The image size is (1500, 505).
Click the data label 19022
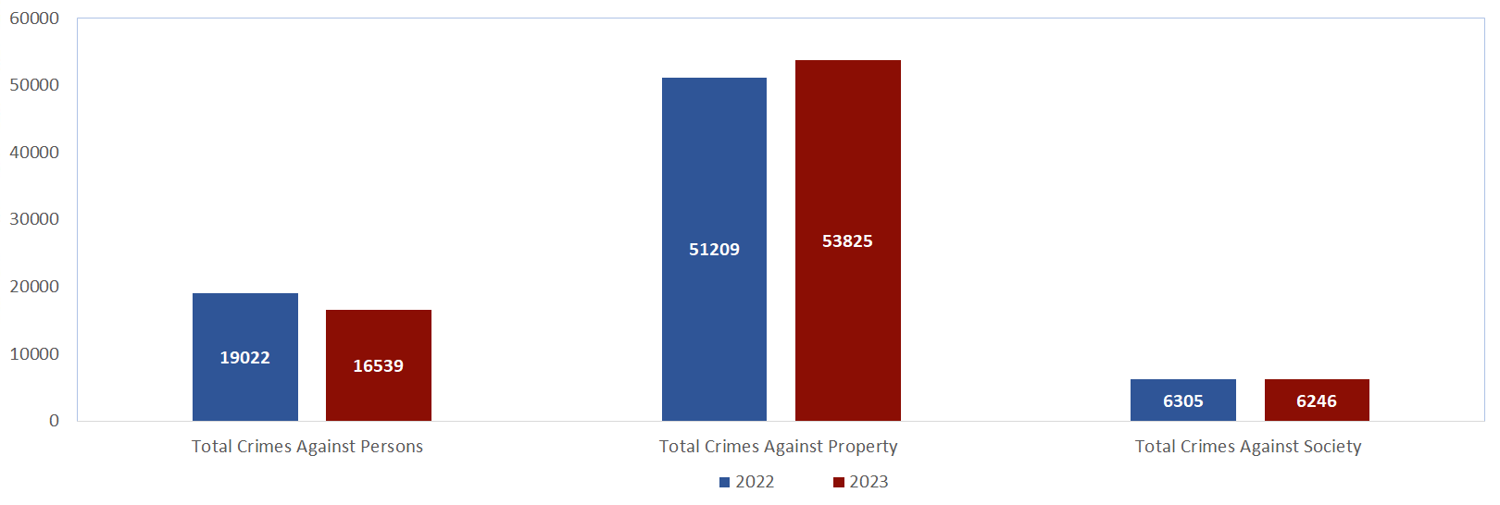pyautogui.click(x=244, y=358)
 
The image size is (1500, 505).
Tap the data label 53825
pyautogui.click(x=847, y=241)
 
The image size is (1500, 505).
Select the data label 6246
pyautogui.click(x=1316, y=401)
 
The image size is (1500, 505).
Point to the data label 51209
pyautogui.click(x=714, y=250)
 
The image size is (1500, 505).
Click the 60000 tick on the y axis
pyautogui.click(x=34, y=18)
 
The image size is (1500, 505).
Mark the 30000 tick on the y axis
pyautogui.click(x=34, y=219)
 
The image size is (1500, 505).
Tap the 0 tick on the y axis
pyautogui.click(x=54, y=421)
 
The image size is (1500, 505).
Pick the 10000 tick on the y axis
pyautogui.click(x=34, y=354)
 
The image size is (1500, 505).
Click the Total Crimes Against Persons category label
pyautogui.click(x=307, y=447)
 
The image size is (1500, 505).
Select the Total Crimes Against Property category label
pyautogui.click(x=778, y=447)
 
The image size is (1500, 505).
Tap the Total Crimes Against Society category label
pyautogui.click(x=1248, y=447)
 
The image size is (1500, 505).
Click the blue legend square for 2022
pyautogui.click(x=725, y=482)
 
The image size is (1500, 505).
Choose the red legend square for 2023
pyautogui.click(x=839, y=482)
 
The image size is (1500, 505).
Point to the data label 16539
pyautogui.click(x=378, y=366)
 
